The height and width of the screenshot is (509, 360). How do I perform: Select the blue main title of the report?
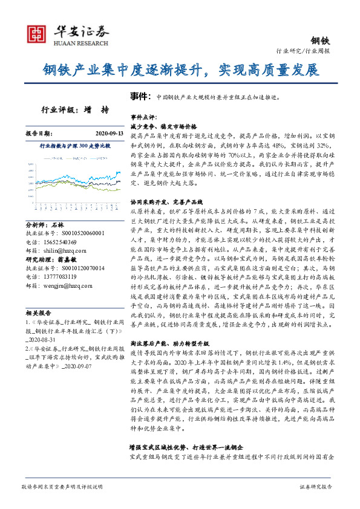pos(180,70)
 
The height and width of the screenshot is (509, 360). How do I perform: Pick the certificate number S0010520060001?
pos(79,224)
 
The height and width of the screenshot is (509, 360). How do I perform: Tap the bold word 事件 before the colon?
pos(139,96)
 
